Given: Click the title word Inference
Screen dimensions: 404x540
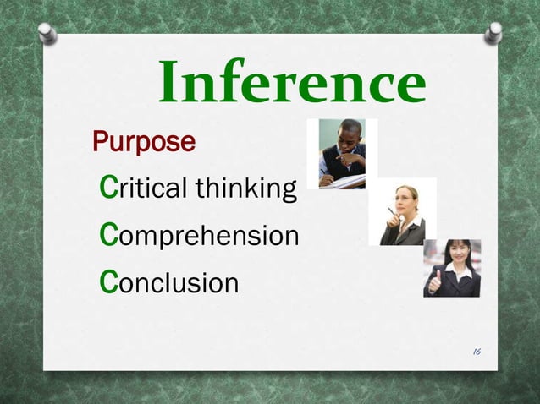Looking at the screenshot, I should pyautogui.click(x=292, y=84).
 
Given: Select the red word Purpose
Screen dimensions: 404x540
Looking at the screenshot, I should pyautogui.click(x=143, y=142).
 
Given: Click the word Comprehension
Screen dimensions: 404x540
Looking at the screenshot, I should pyautogui.click(x=199, y=236).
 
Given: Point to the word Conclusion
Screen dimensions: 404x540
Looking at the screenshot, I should pyautogui.click(x=169, y=282).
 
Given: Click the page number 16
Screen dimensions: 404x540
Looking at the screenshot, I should pyautogui.click(x=479, y=350).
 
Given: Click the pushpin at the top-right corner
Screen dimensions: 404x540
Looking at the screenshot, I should pyautogui.click(x=493, y=32).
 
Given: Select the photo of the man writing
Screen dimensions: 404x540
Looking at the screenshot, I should pyautogui.click(x=342, y=154).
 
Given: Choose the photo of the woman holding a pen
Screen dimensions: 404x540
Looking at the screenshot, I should pyautogui.click(x=402, y=212).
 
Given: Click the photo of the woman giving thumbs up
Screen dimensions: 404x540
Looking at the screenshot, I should pyautogui.click(x=452, y=268).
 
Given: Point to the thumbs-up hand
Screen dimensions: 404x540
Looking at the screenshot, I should pyautogui.click(x=435, y=282).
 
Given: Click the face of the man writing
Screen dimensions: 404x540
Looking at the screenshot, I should pyautogui.click(x=348, y=136).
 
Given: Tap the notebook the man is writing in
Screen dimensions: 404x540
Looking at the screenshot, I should pyautogui.click(x=347, y=181).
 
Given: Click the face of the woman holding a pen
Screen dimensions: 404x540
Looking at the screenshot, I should pyautogui.click(x=407, y=199).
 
